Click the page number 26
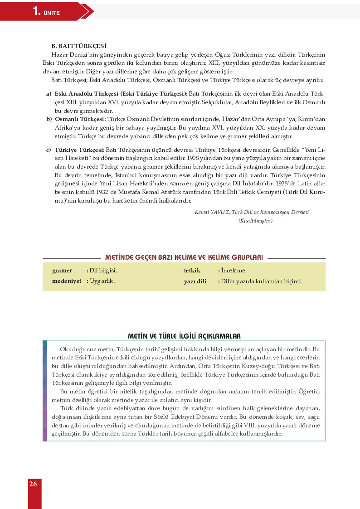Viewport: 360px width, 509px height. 33,484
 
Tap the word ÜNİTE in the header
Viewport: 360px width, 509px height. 52,13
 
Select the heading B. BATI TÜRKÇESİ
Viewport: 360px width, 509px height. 79,46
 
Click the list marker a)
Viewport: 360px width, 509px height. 48,93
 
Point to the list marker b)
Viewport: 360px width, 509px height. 49,119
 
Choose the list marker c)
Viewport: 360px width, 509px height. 48,149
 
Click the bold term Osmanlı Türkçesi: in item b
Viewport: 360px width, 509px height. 80,119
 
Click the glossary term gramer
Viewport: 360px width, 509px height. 62,271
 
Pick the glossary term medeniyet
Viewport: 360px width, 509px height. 67,281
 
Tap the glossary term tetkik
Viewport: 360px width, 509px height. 192,271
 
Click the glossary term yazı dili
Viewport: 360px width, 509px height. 195,281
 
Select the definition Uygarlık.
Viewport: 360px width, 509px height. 102,281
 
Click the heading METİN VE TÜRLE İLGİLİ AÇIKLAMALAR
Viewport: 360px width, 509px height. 184,336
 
